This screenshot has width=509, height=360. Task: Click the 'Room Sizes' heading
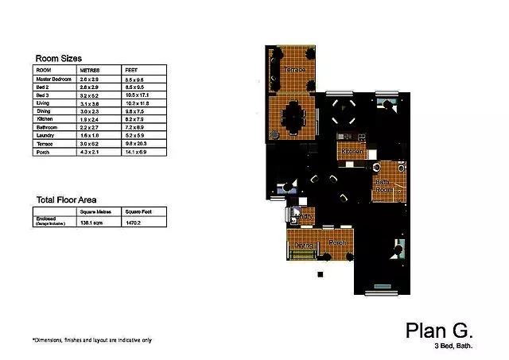coord(62,57)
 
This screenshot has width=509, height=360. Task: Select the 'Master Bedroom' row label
coord(53,79)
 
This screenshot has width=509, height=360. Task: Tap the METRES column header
coord(90,71)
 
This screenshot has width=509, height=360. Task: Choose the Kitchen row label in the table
coord(46,119)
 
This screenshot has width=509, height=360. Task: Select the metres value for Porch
coord(90,151)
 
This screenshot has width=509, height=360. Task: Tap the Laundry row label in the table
coord(46,135)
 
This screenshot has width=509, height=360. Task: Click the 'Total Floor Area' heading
coord(72,200)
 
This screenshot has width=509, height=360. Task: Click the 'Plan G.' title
coord(440,330)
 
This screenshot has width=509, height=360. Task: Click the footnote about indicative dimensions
coord(92,340)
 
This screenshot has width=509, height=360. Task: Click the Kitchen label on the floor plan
coord(352,151)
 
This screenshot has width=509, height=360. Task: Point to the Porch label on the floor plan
coord(337,242)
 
